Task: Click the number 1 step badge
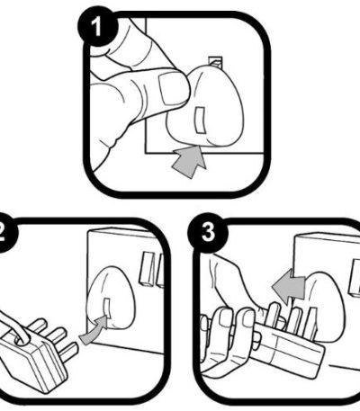click(x=97, y=27)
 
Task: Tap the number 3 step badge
click(x=208, y=233)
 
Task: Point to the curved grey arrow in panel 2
click(x=94, y=330)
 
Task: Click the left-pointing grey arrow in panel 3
click(x=289, y=286)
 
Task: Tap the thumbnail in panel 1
click(x=170, y=89)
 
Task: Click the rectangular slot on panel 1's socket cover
click(x=200, y=121)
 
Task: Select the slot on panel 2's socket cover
click(x=106, y=308)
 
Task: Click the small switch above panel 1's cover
click(x=216, y=61)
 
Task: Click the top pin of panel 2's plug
click(x=37, y=326)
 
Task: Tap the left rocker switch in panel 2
click(x=147, y=269)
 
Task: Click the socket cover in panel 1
click(x=205, y=107)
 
